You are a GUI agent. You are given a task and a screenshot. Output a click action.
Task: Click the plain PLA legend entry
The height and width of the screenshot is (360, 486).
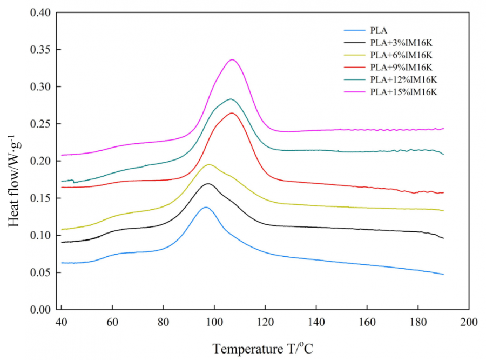click(377, 31)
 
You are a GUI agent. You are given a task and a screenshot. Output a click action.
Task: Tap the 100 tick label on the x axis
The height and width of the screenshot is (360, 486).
click(214, 323)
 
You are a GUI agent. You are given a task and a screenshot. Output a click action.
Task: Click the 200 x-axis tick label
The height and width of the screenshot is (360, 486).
click(469, 323)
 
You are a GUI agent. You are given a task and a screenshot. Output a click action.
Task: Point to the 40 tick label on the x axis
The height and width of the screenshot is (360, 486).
click(62, 323)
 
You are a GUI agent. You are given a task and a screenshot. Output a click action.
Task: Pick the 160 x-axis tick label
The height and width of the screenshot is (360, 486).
click(367, 323)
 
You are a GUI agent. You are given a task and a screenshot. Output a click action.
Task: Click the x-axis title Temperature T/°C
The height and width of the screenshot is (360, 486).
click(262, 349)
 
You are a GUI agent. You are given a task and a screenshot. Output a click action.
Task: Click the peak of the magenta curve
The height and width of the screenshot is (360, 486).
click(233, 59)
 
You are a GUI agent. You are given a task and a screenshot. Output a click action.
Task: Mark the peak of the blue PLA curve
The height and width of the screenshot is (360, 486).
click(205, 207)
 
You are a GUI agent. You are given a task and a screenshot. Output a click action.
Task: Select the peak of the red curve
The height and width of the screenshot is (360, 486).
click(232, 113)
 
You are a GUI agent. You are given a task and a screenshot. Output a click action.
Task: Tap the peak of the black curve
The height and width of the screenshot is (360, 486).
click(208, 184)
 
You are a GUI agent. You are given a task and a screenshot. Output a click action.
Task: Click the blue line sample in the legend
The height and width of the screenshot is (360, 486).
click(354, 31)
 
